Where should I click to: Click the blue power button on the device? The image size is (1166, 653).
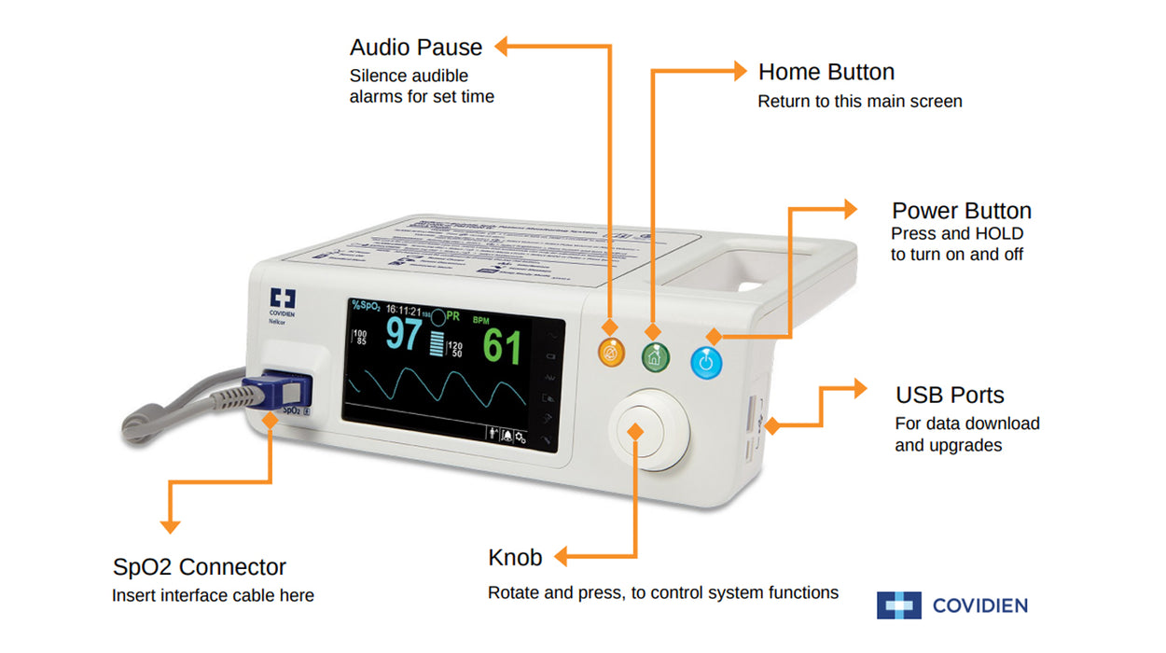coord(706,361)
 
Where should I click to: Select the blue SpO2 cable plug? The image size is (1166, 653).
coord(276,390)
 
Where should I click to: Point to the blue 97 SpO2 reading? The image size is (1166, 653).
coord(404,335)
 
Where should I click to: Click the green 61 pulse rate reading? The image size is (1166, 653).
coord(502,347)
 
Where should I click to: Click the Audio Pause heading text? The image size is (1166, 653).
coord(416,47)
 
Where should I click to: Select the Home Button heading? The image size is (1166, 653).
coord(826,72)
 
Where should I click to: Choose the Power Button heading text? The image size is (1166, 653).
coord(961,210)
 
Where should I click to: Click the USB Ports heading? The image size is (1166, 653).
coord(950,394)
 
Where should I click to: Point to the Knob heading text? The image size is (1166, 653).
coord(515,558)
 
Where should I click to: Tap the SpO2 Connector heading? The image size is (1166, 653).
coord(199,566)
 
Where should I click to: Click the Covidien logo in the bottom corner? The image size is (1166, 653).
coord(951,605)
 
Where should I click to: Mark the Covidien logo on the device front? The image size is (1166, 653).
coord(282,300)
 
